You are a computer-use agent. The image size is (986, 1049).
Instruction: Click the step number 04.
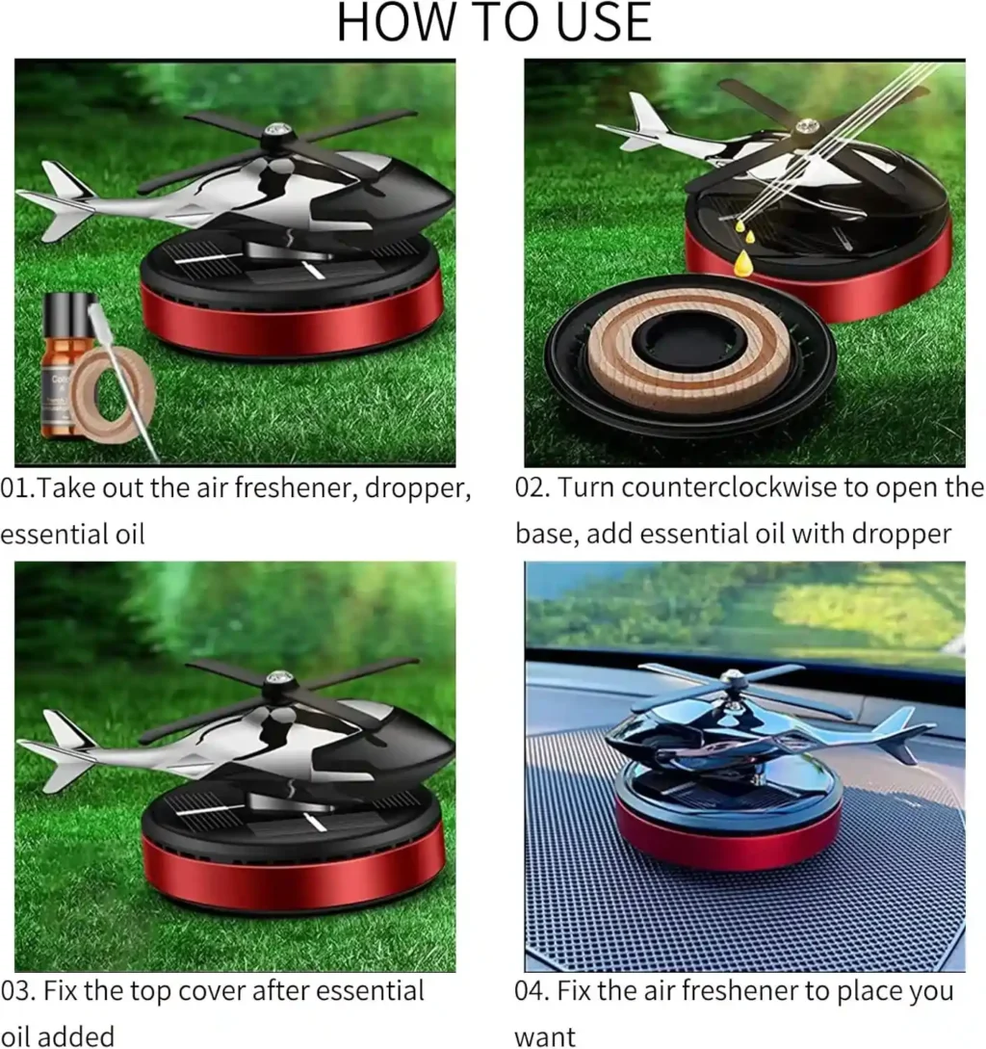pyautogui.click(x=532, y=990)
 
